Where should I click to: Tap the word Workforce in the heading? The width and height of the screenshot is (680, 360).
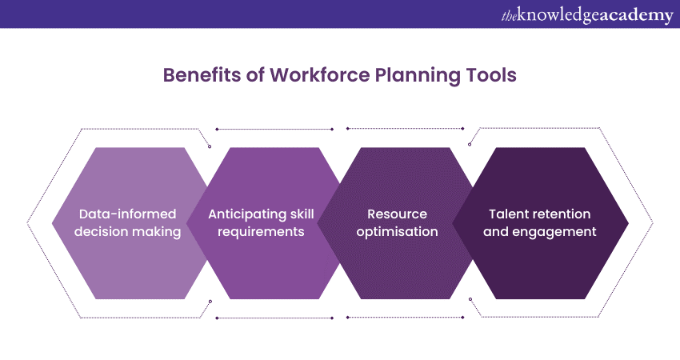tap(320, 75)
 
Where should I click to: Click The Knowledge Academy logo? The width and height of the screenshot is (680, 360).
tap(587, 15)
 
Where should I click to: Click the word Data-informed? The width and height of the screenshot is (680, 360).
tap(127, 214)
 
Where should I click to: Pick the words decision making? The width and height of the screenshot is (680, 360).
tap(127, 232)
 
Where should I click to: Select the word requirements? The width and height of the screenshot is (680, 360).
tap(261, 232)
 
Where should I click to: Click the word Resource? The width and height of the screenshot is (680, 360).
tap(398, 214)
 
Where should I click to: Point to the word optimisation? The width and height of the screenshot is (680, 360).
tap(398, 232)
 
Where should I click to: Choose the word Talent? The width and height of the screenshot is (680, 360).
tap(508, 214)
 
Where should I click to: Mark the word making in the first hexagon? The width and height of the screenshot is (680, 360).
tap(158, 232)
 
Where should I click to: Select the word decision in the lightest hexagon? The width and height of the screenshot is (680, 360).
tap(102, 232)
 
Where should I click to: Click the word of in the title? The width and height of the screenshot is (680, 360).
tap(255, 75)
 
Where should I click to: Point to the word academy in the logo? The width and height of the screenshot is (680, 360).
tap(635, 16)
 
